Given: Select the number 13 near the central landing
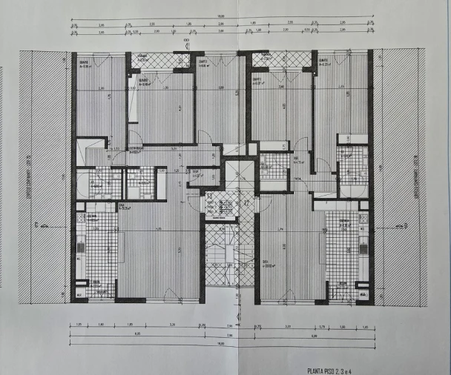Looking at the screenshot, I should pyautogui.click(x=210, y=196).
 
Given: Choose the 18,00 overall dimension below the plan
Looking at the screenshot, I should pyautogui.click(x=220, y=343).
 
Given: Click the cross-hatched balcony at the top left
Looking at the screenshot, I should pyautogui.click(x=157, y=61).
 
